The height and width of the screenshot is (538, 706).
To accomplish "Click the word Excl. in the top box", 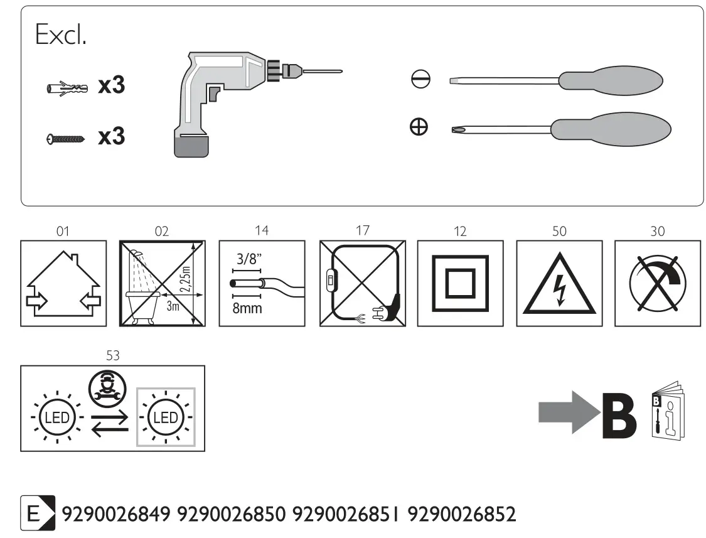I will pos(61,36).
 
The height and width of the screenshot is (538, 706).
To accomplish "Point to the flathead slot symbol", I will pos(420,80).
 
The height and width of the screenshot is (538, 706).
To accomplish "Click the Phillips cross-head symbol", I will pos(419,127).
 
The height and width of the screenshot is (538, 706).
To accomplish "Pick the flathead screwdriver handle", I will pos(611,80).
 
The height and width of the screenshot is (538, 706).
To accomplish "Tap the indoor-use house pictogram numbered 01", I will pos(63,283).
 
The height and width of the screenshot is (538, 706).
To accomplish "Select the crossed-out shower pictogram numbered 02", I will pos(162,283).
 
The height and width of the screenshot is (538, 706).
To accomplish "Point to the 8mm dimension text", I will pos(247,309).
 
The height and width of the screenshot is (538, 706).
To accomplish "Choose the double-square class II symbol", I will pos(460,283).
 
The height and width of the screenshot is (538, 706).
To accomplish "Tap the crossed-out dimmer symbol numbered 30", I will pos(658,283).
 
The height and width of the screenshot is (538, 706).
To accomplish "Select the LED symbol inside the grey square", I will pos(166,417).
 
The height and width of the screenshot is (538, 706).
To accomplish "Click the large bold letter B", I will pos(619,416).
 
